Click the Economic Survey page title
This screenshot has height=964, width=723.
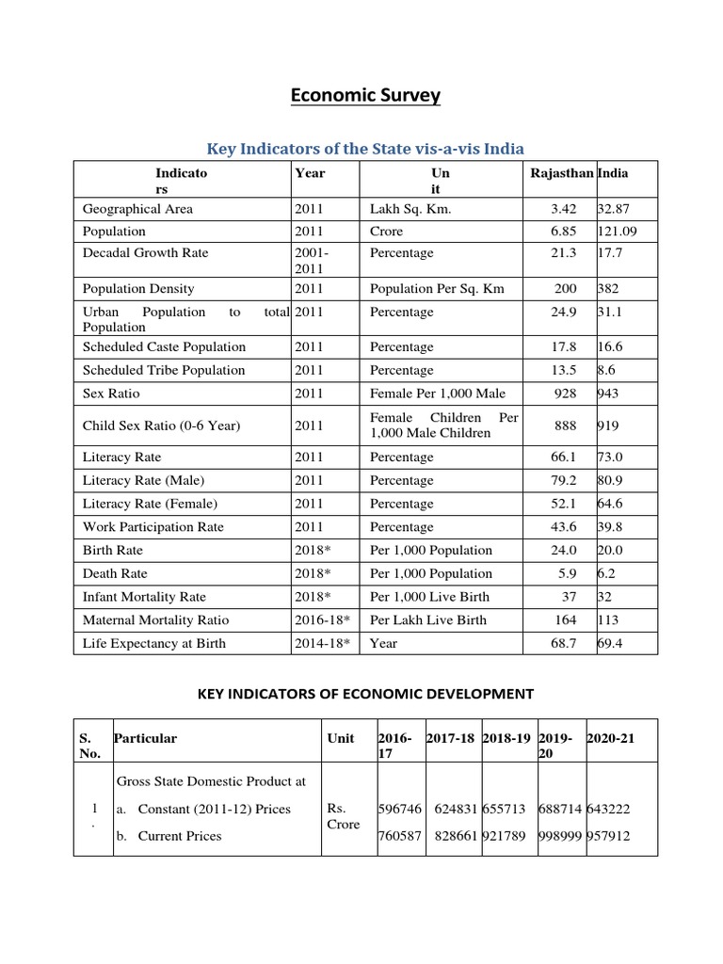[x=365, y=95]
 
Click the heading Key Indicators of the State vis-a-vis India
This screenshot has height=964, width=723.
[x=365, y=148]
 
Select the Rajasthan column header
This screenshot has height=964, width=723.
[x=562, y=173]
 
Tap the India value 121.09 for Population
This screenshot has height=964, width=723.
[x=617, y=231]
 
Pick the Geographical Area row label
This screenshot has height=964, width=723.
[x=137, y=209]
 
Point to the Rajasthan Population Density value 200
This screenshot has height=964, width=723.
[x=565, y=289]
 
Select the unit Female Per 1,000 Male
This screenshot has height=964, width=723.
[x=437, y=394]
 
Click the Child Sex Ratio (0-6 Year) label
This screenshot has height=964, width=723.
[x=161, y=426]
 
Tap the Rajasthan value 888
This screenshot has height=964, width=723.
[x=565, y=426]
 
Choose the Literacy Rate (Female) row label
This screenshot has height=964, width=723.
[x=150, y=504]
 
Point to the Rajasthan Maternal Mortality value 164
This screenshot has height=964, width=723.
[x=565, y=620]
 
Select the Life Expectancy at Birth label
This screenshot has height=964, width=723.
[x=154, y=644]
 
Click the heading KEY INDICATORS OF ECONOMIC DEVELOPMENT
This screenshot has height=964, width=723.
[x=365, y=694]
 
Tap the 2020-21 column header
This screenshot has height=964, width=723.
[x=611, y=739]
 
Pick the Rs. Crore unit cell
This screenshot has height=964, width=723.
[x=344, y=817]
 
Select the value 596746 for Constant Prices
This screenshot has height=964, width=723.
[x=400, y=809]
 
